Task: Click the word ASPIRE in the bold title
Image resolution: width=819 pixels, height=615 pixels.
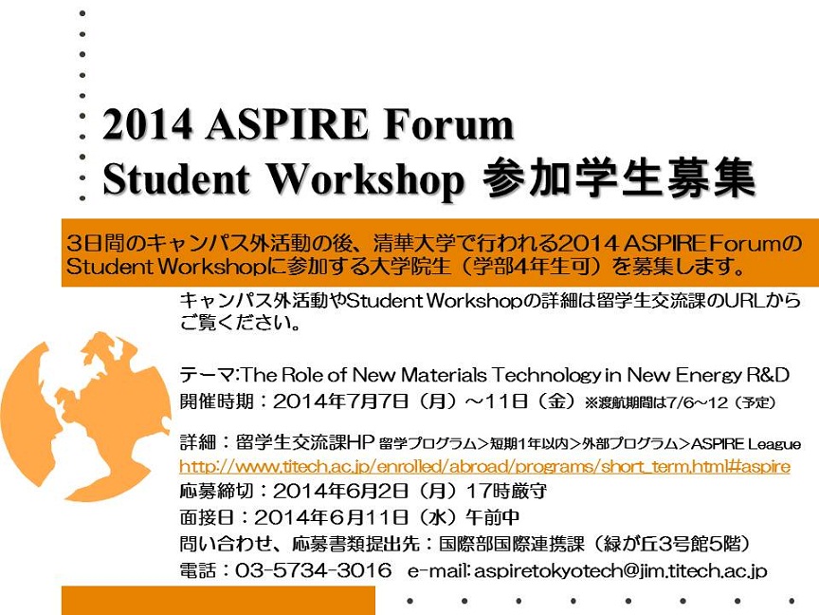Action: tap(287, 124)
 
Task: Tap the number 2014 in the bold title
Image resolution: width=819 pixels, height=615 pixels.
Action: tap(147, 124)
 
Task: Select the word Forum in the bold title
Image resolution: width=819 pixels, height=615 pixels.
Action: tap(448, 124)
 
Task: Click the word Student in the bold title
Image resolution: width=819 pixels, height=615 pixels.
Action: tap(176, 178)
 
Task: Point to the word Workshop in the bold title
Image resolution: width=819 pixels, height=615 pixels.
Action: tap(366, 180)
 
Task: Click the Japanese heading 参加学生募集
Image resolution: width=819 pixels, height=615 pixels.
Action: tap(618, 178)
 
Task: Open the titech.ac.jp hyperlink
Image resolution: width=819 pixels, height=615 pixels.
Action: tap(484, 466)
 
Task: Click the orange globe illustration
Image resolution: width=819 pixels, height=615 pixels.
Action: tap(85, 417)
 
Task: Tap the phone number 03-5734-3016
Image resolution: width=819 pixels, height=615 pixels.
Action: tap(314, 569)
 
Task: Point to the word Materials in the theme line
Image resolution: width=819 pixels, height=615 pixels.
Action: tap(444, 375)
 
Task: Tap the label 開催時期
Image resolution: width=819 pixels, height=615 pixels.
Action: tap(217, 401)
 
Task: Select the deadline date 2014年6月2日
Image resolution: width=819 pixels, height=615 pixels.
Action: tap(340, 491)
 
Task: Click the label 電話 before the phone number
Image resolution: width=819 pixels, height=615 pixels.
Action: tap(198, 570)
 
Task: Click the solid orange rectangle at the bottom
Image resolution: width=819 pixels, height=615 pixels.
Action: tap(218, 601)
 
